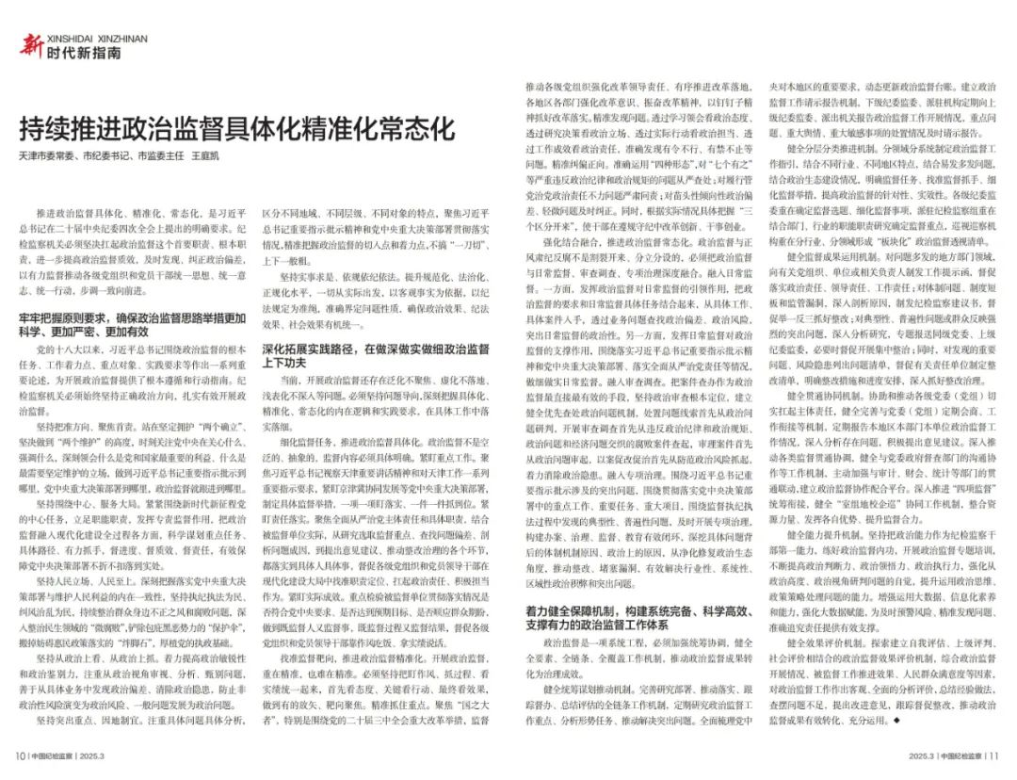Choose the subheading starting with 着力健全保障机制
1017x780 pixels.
(x=621, y=617)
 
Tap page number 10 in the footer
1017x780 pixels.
(x=19, y=755)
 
